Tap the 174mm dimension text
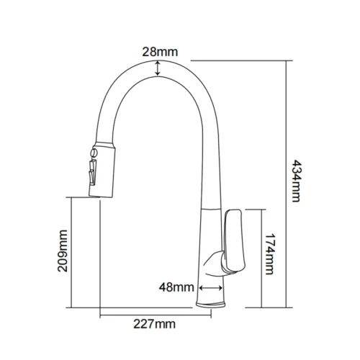coord(269,253)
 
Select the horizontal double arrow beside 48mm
coord(211,287)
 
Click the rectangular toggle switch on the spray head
coord(91,174)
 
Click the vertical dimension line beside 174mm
coord(261,257)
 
